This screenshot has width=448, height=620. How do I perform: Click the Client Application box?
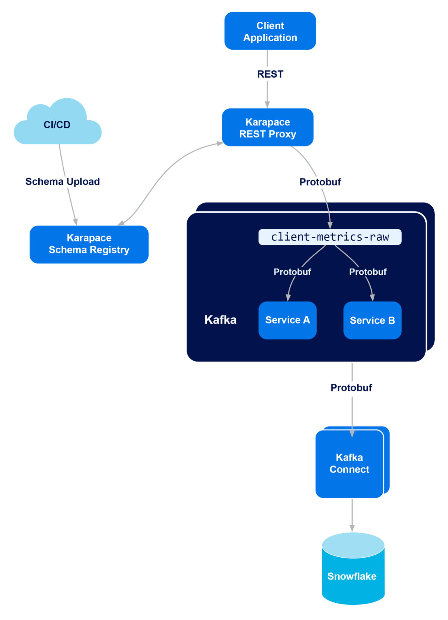point(270,31)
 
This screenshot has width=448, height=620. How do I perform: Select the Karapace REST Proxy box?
point(268,127)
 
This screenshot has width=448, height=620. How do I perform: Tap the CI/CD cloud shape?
point(58,122)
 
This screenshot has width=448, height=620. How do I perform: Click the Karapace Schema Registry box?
point(89,244)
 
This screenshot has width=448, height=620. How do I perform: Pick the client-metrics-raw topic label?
point(330,237)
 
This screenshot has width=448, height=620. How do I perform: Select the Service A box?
point(287,320)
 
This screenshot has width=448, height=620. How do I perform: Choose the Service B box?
point(372,320)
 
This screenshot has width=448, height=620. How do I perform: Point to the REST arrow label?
point(270,74)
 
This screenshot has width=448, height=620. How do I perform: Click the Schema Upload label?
point(62,181)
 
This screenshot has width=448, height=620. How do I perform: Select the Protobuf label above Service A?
point(292,272)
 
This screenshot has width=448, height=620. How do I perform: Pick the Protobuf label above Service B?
point(368,272)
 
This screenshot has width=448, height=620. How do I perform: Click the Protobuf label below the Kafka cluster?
point(351,387)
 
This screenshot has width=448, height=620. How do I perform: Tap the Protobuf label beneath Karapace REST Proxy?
point(320,182)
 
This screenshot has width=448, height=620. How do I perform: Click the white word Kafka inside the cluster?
point(220,320)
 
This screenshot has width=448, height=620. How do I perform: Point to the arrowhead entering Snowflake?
point(352,528)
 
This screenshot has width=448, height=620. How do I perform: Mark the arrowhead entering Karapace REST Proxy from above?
point(267,104)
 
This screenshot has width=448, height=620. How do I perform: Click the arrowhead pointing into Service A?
point(288,298)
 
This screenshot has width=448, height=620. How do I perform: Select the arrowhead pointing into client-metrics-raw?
point(330,225)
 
